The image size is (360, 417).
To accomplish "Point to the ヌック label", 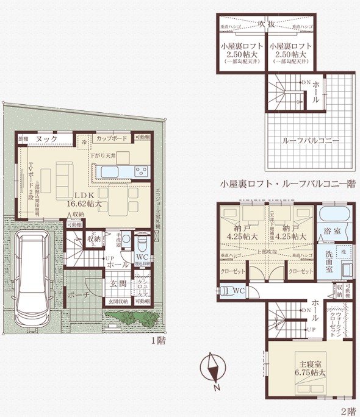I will [x=46, y=140].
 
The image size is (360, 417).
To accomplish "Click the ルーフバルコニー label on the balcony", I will [x=310, y=140].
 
